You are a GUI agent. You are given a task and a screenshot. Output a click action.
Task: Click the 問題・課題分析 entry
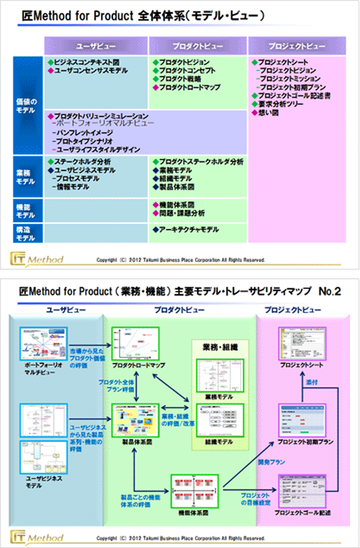coord(182,212)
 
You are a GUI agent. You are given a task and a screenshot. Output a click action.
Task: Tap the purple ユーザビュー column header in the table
coord(96,45)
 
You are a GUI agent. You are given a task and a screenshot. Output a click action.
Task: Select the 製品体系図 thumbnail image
coord(136,418)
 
